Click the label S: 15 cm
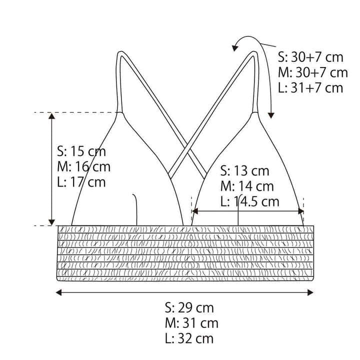pyautogui.click(x=81, y=151)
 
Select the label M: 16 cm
pyautogui.click(x=83, y=166)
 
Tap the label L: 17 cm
pyautogui.click(x=81, y=182)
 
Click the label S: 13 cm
pyautogui.click(x=244, y=171)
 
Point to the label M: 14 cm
pyautogui.click(x=247, y=186)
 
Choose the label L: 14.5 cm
pyautogui.click(x=250, y=201)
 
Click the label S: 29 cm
pyautogui.click(x=189, y=307)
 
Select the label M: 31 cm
pyautogui.click(x=191, y=323)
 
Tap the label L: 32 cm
pyautogui.click(x=189, y=338)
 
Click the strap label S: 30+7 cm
pyautogui.click(x=310, y=57)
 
